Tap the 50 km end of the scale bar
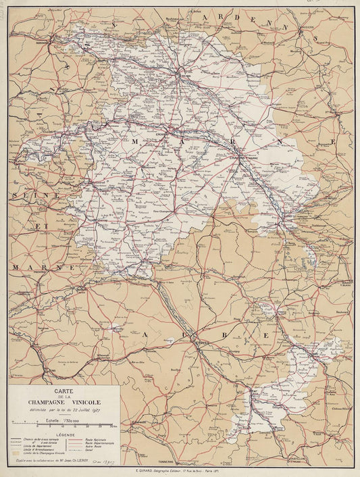[111, 426]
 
